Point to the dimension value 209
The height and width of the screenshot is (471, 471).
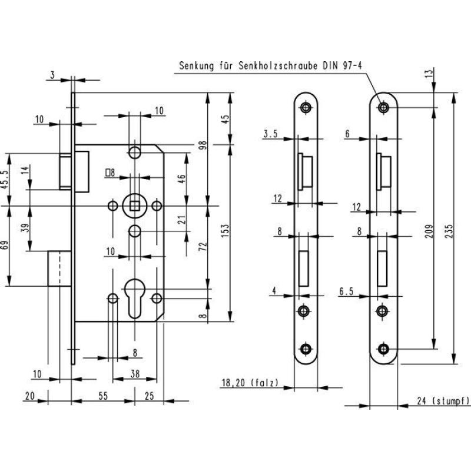428,228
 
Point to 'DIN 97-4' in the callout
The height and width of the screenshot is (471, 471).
341,67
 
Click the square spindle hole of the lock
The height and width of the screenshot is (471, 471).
135,205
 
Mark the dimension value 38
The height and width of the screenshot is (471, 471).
135,373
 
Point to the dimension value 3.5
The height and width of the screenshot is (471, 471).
271,134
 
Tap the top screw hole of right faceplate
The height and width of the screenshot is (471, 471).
384,108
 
